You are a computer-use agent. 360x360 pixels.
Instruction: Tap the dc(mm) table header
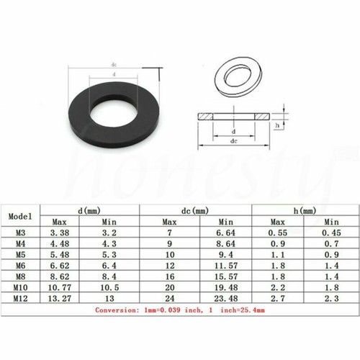[x=197, y=210]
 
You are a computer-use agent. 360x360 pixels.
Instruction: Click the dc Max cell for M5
[x=169, y=253]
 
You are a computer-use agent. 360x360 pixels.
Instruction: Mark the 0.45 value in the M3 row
[x=330, y=234]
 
